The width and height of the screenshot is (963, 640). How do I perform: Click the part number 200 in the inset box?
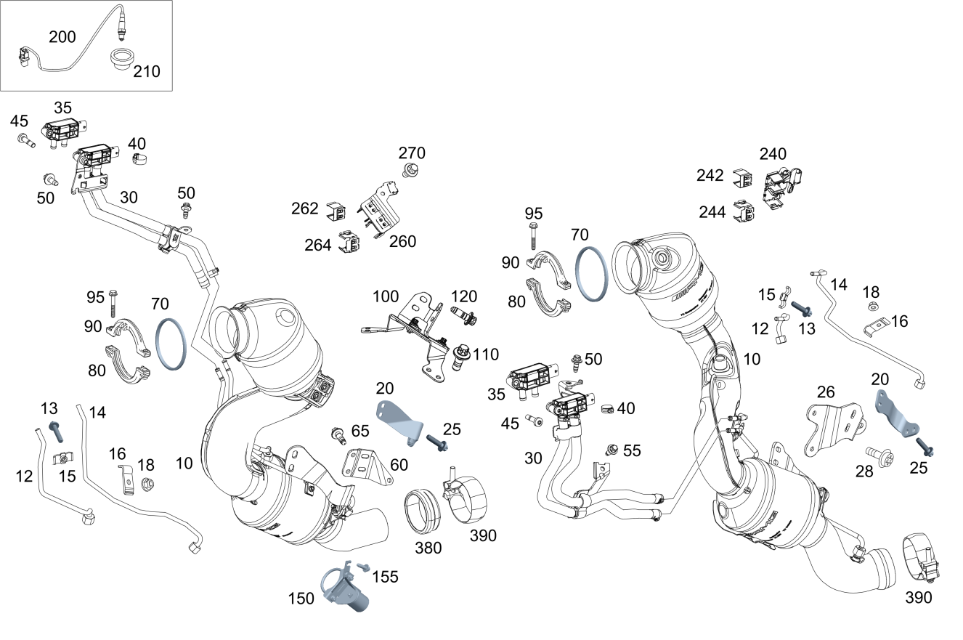[x=62, y=36]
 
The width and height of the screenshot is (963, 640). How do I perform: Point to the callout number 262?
[x=305, y=208]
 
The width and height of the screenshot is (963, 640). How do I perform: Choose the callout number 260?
[x=402, y=241]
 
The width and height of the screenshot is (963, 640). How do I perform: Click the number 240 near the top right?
[x=773, y=154]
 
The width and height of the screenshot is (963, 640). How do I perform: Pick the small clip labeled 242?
[x=743, y=177]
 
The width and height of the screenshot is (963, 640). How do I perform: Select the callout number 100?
[x=386, y=296]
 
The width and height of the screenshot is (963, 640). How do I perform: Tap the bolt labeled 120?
[x=463, y=315]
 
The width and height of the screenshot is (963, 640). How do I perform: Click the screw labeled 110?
[x=459, y=356]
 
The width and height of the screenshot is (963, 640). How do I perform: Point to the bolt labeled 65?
[x=337, y=434]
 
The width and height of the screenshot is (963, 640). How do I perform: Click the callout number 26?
[x=826, y=392]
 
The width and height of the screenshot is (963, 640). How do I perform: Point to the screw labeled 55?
[x=613, y=450]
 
